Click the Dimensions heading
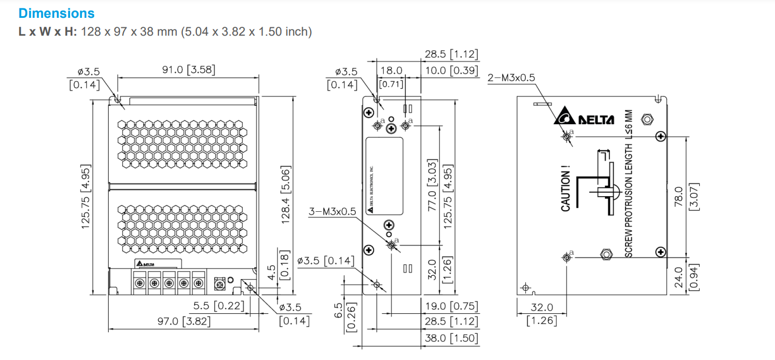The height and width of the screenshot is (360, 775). point(56,13)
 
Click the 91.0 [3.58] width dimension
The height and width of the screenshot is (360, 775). point(188,70)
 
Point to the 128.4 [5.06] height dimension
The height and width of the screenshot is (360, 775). point(285,194)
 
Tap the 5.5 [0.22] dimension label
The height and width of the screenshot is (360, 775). point(219,305)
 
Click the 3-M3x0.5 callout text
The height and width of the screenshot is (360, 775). point(332,212)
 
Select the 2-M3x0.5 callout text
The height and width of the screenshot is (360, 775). point(511,78)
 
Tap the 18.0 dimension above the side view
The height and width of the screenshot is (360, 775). point(391,71)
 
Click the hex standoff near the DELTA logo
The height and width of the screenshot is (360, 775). point(647,119)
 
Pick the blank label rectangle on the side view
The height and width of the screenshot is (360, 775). point(384,176)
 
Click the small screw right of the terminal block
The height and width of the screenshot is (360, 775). point(220,284)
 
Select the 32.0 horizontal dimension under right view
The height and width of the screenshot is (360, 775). point(542,307)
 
